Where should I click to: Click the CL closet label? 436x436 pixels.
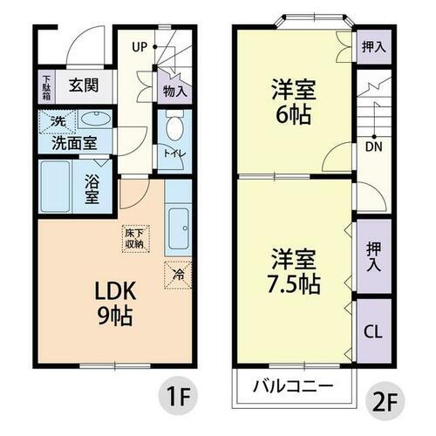(x=372, y=331)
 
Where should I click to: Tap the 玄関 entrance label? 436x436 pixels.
(x=84, y=86)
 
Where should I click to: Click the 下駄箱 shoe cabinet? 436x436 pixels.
(x=46, y=87)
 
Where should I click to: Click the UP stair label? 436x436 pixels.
(x=140, y=46)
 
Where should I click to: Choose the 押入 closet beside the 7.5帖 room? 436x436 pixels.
(x=372, y=255)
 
